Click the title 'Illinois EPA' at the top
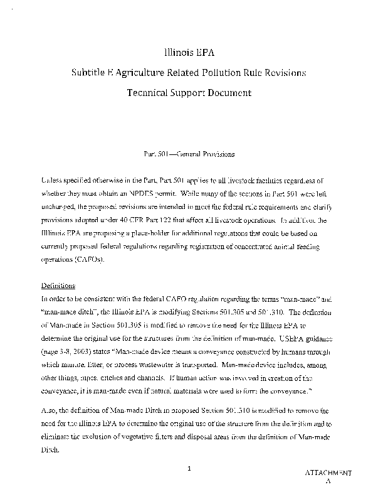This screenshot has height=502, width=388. click(194, 53)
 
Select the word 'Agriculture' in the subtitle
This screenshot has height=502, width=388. click(139, 73)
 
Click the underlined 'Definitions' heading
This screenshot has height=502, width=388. click(58, 284)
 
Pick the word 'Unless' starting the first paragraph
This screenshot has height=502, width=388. click(53, 180)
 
